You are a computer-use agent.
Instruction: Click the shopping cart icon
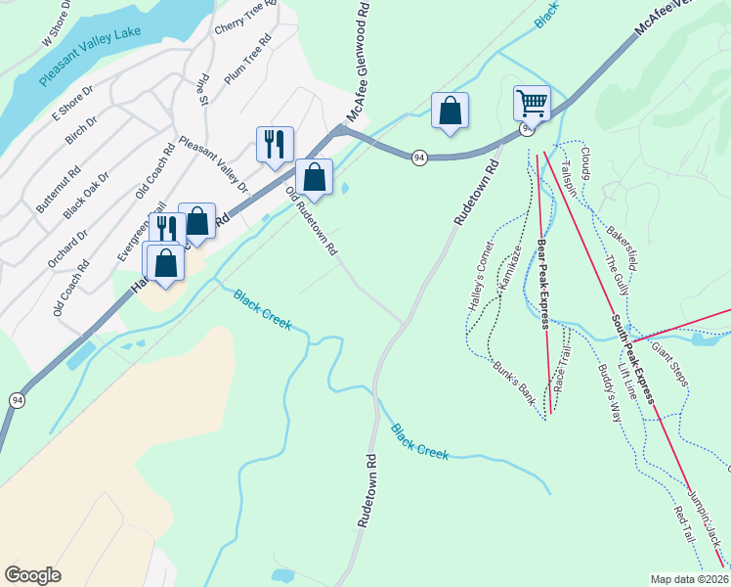[x=532, y=102]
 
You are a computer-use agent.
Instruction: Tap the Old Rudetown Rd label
[x=312, y=222]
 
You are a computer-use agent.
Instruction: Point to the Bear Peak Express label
[x=543, y=284]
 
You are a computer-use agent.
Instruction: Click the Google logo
[x=32, y=575]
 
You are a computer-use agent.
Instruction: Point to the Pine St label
[x=204, y=87]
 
